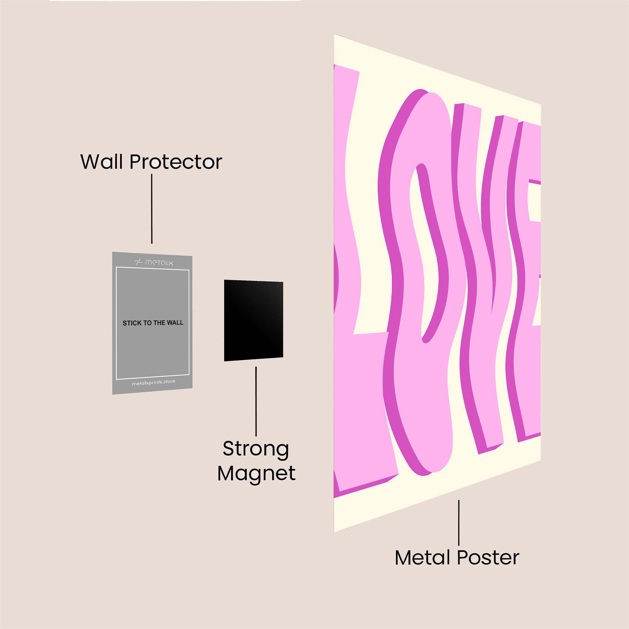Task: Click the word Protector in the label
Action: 176,162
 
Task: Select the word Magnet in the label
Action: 257,474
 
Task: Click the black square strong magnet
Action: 253,320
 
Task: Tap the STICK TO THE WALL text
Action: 153,323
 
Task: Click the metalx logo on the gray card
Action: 154,262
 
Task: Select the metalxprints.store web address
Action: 153,382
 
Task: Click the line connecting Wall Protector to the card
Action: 152,209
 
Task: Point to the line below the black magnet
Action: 256,401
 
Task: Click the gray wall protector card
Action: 152,323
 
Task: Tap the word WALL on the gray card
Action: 175,323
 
